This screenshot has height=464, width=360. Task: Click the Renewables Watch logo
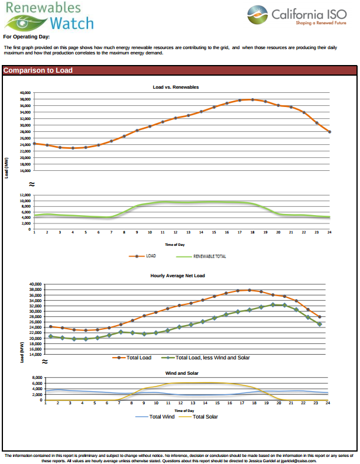click(48, 17)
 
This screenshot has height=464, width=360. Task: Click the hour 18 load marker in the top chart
click(252, 99)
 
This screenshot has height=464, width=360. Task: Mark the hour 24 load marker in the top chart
click(329, 132)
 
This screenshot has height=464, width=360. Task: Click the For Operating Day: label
click(24, 37)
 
